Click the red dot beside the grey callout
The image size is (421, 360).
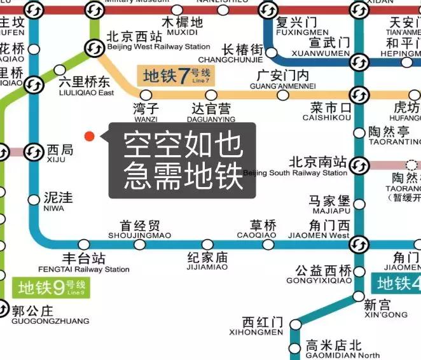click(x=90, y=135)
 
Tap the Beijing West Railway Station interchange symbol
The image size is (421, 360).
click(x=95, y=48)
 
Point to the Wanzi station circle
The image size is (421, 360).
click(x=146, y=95)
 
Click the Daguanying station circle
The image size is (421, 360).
click(x=214, y=95)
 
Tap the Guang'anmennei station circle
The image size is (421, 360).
click(x=282, y=96)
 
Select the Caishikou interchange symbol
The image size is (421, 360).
click(x=360, y=96)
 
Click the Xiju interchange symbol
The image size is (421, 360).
click(x=33, y=152)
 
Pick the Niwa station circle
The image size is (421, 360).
click(x=34, y=200)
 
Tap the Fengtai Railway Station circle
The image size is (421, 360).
click(x=84, y=244)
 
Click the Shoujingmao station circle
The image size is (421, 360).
click(x=139, y=244)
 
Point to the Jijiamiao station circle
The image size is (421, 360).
click(x=207, y=244)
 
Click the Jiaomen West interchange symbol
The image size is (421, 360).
click(x=360, y=244)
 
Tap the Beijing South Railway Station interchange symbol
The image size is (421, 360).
click(x=360, y=165)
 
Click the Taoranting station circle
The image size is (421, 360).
click(x=360, y=132)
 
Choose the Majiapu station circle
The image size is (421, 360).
click(x=360, y=204)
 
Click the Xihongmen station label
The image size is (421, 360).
click(x=263, y=326)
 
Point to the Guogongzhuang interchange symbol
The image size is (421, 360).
click(x=3, y=311)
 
